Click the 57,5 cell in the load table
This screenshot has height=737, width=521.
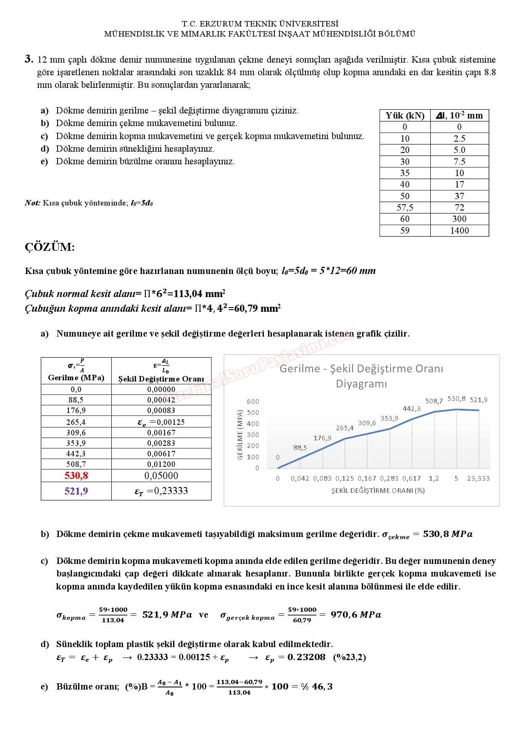(405, 208)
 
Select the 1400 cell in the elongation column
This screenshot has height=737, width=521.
(459, 231)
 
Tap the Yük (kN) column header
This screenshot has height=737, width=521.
(405, 116)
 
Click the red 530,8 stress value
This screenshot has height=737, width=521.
(76, 476)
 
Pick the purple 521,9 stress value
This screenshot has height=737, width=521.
(76, 491)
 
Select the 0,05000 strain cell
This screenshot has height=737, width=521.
(161, 476)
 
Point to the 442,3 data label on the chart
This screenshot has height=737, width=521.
(411, 409)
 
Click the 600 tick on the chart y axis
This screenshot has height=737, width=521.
(253, 402)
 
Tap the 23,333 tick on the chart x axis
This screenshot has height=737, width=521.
(478, 479)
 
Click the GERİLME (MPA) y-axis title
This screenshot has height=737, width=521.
(240, 434)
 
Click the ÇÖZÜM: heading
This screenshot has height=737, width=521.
(50, 247)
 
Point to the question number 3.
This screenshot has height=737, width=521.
(29, 59)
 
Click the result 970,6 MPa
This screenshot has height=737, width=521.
(355, 615)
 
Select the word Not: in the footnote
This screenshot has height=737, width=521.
(32, 203)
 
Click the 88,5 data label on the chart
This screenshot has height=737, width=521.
(300, 448)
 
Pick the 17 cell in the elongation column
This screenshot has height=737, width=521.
(459, 184)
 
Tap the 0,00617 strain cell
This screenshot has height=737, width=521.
(161, 454)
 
